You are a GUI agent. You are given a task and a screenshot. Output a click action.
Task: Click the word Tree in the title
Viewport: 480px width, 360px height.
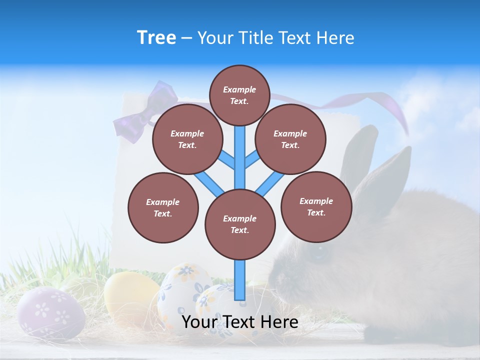[x=156, y=38]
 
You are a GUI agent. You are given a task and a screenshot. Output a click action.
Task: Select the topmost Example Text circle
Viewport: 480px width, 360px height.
[x=239, y=95]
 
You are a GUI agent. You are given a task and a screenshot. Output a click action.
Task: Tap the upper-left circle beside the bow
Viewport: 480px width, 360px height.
[x=187, y=139]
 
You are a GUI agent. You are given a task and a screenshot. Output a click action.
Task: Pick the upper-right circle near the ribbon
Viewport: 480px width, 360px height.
[x=290, y=139]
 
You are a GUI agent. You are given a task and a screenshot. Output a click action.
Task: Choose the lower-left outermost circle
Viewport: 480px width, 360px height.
[x=163, y=207]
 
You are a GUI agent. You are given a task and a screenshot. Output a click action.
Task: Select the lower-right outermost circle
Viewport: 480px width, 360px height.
[x=316, y=206]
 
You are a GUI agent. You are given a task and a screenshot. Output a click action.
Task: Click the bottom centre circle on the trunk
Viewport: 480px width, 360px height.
[x=240, y=224]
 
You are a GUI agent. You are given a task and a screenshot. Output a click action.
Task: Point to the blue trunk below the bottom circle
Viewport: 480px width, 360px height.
[x=240, y=280]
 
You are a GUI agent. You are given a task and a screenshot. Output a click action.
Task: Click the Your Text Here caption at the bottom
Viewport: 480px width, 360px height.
[x=240, y=322]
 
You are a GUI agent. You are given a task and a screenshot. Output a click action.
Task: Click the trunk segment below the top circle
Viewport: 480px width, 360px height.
[x=240, y=150]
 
